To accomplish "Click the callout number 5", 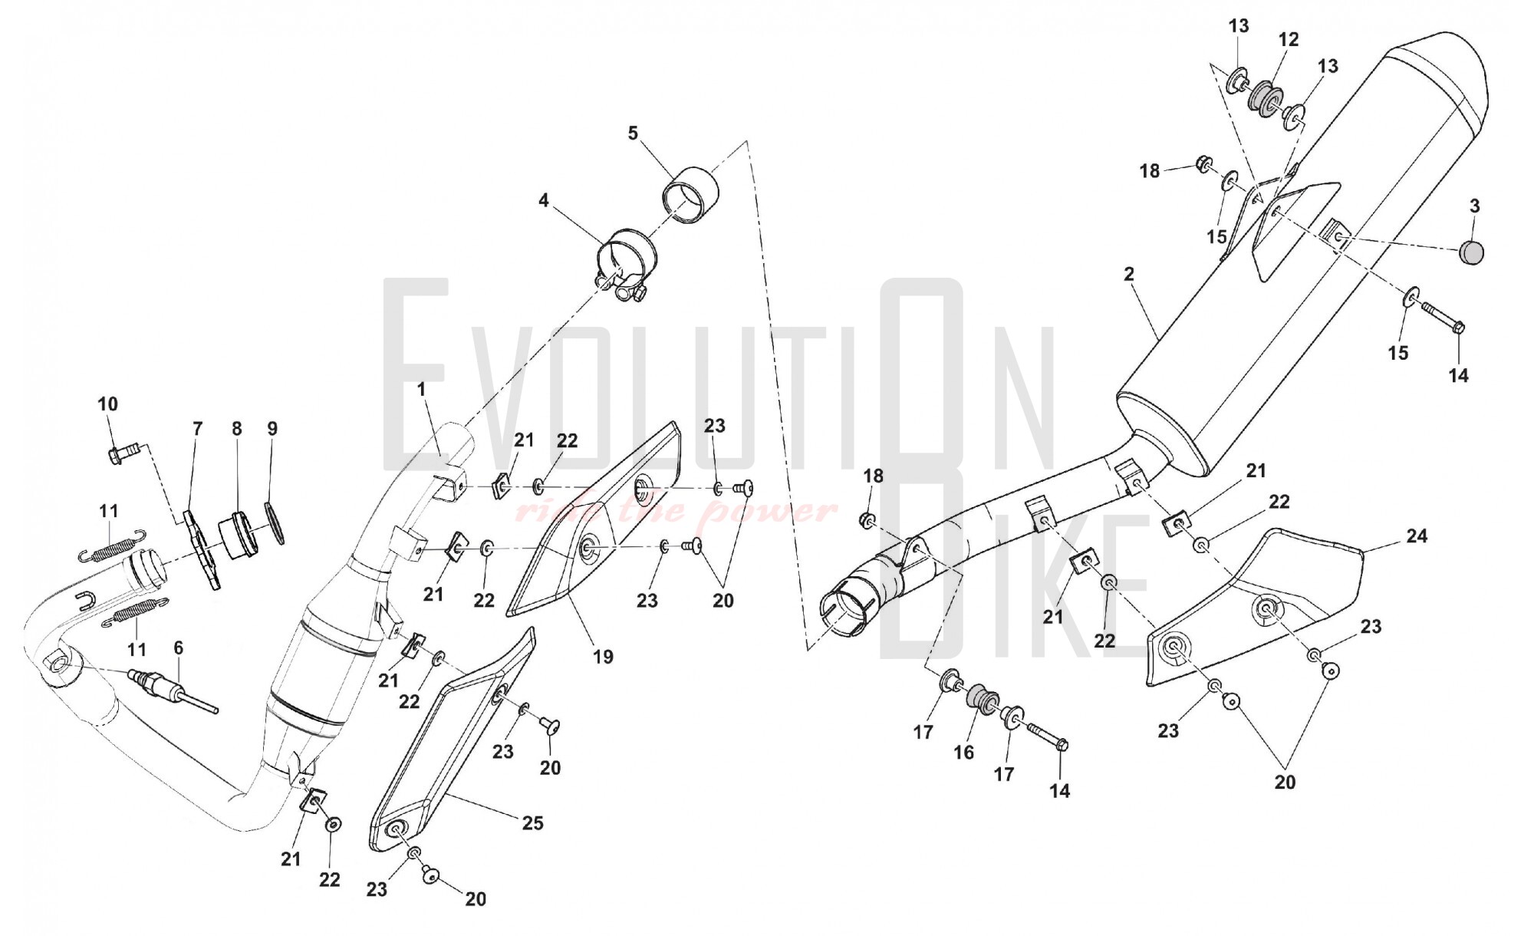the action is pos(633,133).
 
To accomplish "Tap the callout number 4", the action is pos(544,201).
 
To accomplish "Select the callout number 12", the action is pos(1289,39).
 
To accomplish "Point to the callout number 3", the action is pos(1474,206).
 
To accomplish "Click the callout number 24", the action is pos(1417,536).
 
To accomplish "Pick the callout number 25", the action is pos(532,823).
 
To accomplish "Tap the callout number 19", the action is pos(603,657).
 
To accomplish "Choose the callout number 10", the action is pos(108,404).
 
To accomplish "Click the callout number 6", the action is pos(179,648).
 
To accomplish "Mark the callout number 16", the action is pos(963,753).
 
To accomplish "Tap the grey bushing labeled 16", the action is pos(981,698).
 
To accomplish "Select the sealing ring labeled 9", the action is pos(275,522).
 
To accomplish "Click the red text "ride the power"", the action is pos(675,510).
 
